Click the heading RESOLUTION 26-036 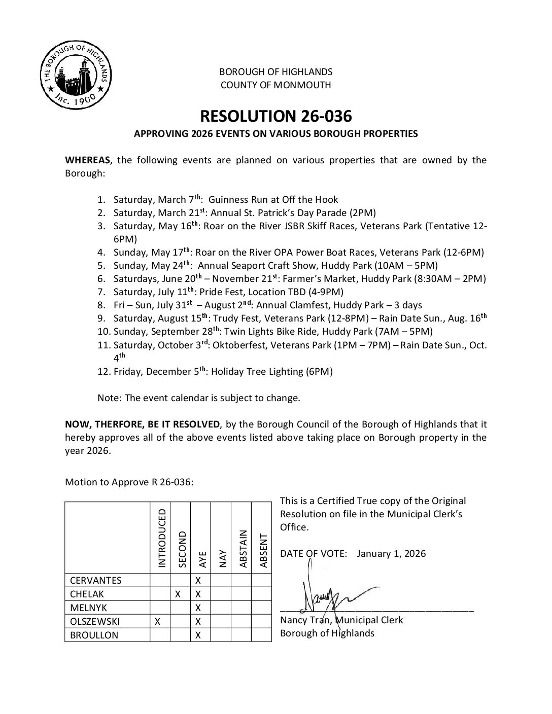coord(275,116)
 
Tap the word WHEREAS coord(87,160)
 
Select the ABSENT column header coord(263,550)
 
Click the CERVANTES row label coord(96,581)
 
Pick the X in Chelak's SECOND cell coord(179,594)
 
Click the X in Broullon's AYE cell coord(198,635)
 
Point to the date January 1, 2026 coord(391,554)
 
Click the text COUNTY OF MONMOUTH coord(275,85)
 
